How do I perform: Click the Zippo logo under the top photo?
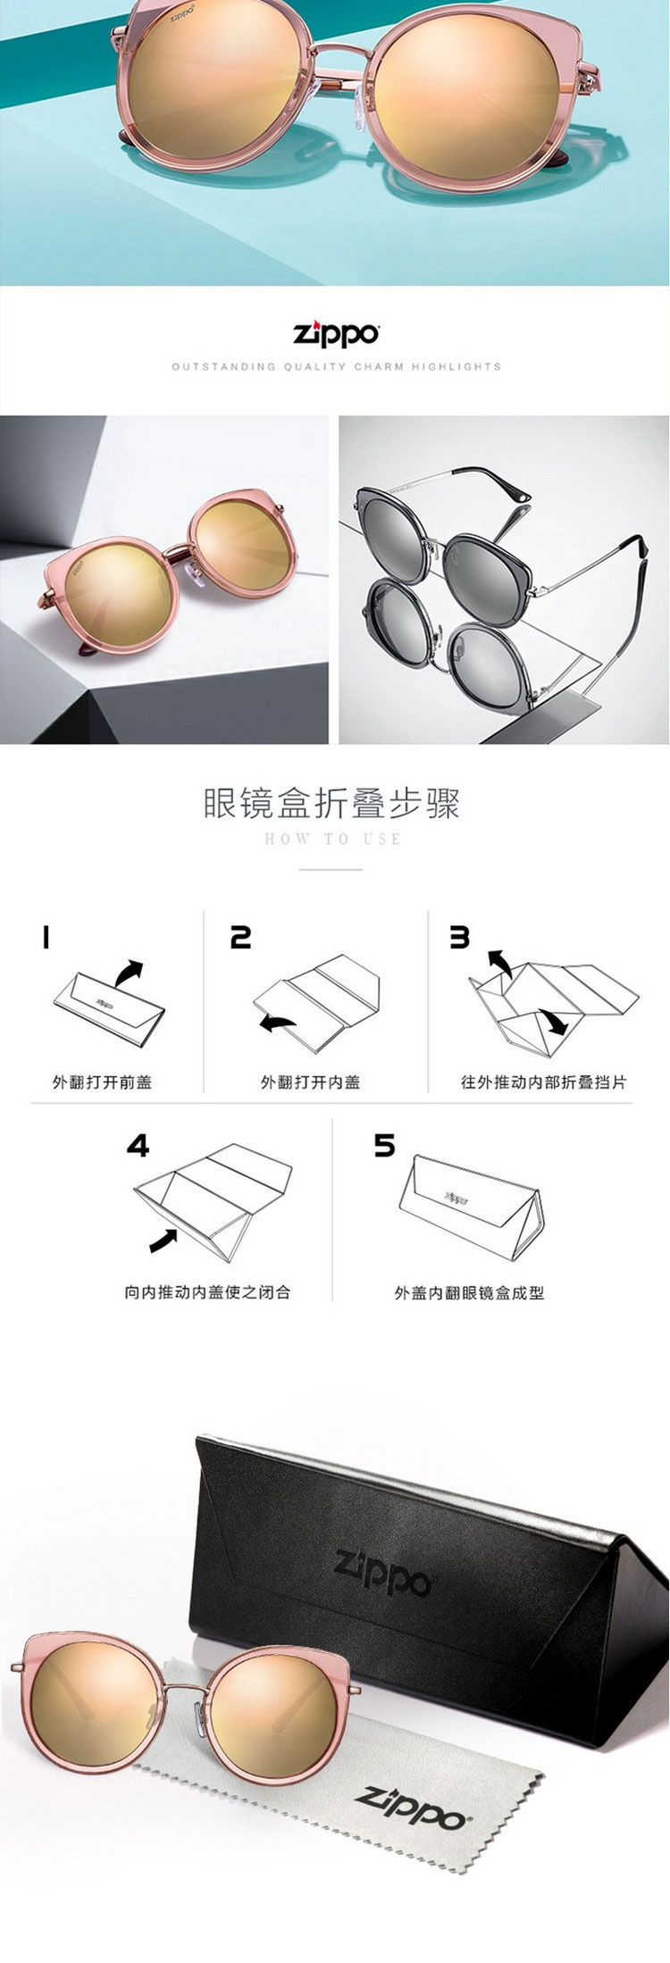(337, 334)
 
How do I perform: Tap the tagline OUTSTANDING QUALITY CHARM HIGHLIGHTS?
(336, 366)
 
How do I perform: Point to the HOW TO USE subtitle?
(332, 839)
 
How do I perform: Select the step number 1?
(46, 937)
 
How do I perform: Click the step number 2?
(240, 937)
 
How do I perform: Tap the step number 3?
(459, 937)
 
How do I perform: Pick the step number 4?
(138, 1146)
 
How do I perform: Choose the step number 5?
(384, 1146)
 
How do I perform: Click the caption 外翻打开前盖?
(102, 1082)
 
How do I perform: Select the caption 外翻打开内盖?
(310, 1082)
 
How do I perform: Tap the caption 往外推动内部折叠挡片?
(543, 1082)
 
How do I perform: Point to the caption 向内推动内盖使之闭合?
(207, 1291)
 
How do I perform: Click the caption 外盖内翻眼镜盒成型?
(469, 1291)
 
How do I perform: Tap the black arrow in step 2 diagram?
(277, 1023)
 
